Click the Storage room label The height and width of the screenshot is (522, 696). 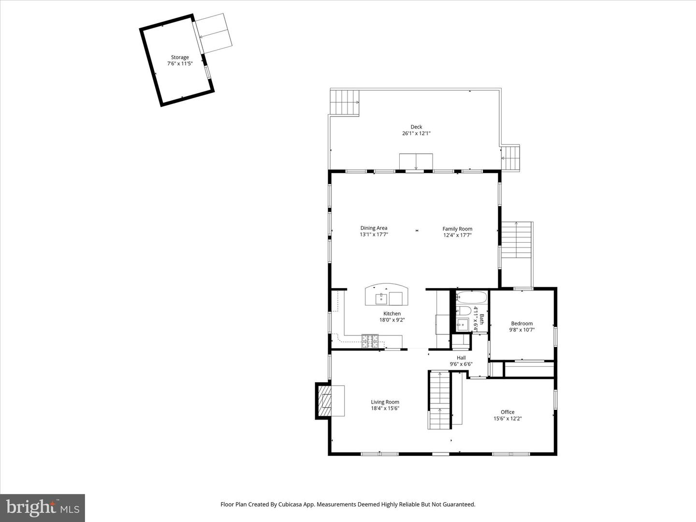tap(180, 58)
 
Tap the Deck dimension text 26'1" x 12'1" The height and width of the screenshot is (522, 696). tap(416, 133)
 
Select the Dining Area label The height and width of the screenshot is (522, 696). tap(374, 228)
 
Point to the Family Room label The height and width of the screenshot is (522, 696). tap(457, 229)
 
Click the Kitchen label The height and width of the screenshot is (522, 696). tap(392, 314)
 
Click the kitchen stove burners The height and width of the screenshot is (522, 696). tap(371, 341)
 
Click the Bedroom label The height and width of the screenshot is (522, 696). tap(522, 324)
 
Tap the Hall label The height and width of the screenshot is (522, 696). tap(461, 358)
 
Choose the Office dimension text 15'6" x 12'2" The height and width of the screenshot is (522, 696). tap(507, 419)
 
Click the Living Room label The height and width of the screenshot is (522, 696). tap(385, 402)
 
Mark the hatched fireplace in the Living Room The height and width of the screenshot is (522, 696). tap(325, 401)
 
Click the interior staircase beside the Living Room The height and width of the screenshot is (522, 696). tap(440, 399)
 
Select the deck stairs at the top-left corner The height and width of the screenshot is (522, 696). tap(345, 102)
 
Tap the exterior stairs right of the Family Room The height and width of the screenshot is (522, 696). tap(516, 241)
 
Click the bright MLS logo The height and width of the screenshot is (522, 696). tap(43, 507)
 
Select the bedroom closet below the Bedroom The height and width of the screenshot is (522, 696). tap(529, 370)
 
